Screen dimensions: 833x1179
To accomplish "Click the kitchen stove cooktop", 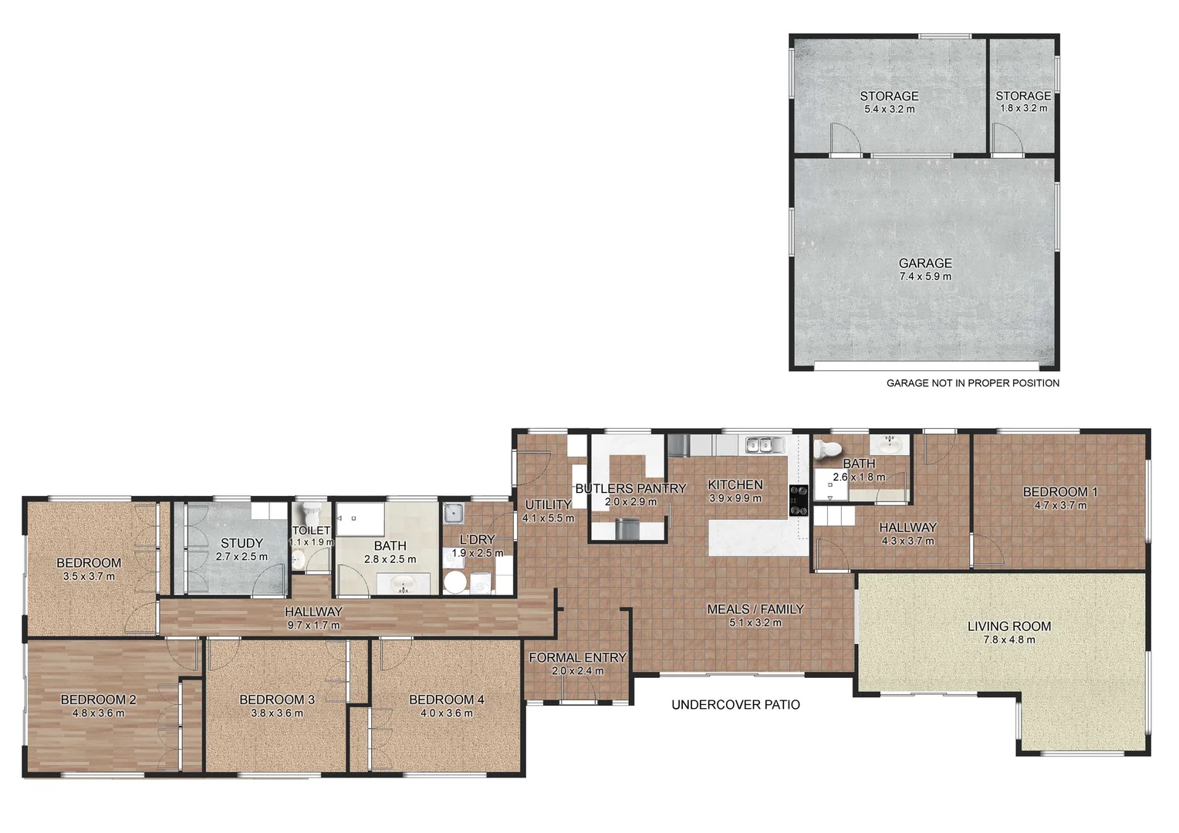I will click(x=798, y=500).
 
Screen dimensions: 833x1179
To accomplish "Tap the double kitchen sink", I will click(x=765, y=444).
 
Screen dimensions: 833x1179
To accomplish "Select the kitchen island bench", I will click(x=757, y=537).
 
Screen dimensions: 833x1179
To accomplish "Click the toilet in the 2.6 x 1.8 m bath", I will click(x=829, y=448).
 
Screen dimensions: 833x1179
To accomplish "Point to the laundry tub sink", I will click(x=453, y=511).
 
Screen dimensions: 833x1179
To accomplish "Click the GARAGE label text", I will click(x=924, y=263).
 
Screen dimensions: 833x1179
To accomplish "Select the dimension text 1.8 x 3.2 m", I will click(x=1023, y=108).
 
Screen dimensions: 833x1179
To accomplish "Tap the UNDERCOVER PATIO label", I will click(x=735, y=704).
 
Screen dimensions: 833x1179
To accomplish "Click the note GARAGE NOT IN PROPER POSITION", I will click(x=972, y=383).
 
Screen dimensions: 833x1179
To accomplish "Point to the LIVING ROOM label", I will click(x=1008, y=626).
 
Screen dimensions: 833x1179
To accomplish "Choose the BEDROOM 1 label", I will click(x=1059, y=492).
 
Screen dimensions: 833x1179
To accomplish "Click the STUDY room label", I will click(x=242, y=543).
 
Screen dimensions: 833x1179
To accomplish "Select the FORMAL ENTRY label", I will click(x=577, y=658).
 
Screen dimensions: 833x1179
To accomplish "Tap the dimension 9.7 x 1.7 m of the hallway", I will click(x=313, y=625).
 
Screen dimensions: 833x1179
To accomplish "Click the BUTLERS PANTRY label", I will click(x=630, y=488).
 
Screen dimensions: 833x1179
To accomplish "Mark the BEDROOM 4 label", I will click(x=446, y=700).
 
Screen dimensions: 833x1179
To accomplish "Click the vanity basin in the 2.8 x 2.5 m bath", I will click(x=402, y=584).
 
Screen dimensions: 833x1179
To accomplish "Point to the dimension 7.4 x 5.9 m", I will click(x=924, y=276).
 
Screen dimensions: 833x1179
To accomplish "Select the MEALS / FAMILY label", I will click(x=755, y=609).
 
